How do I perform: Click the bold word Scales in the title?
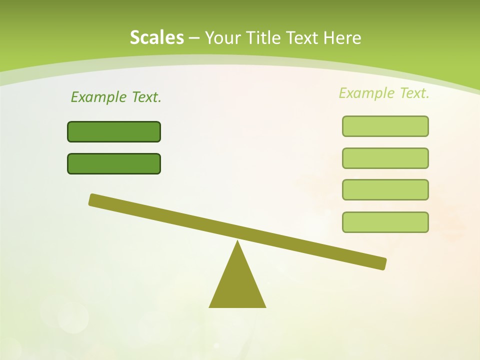pyautogui.click(x=156, y=37)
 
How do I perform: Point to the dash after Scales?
pyautogui.click(x=194, y=38)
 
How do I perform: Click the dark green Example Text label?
pyautogui.click(x=116, y=97)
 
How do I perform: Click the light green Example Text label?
pyautogui.click(x=384, y=93)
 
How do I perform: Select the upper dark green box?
pyautogui.click(x=114, y=131)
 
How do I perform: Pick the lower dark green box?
pyautogui.click(x=114, y=163)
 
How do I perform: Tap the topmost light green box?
pyautogui.click(x=385, y=126)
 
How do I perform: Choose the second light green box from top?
pyautogui.click(x=385, y=158)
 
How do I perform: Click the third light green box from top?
pyautogui.click(x=385, y=190)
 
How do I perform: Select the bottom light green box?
pyautogui.click(x=385, y=222)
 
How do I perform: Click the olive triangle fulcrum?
pyautogui.click(x=237, y=285)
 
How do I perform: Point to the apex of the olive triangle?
pyautogui.click(x=237, y=242)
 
